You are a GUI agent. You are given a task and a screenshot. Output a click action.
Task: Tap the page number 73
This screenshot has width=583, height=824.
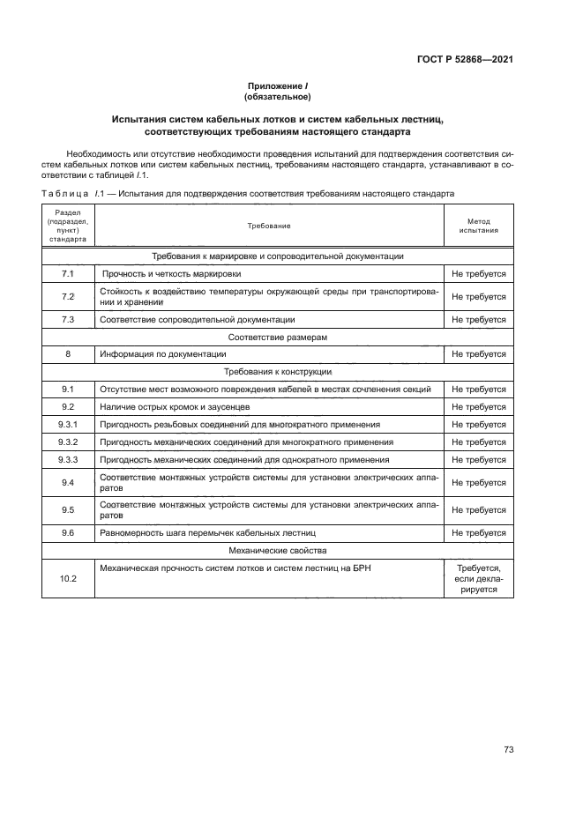pos(508,750)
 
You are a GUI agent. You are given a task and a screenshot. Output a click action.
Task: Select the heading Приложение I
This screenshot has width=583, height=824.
pos(278,85)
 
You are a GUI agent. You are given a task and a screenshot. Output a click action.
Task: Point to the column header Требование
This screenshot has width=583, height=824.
pos(268,226)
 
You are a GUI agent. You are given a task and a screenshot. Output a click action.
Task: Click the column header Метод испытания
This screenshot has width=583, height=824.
pos(478,226)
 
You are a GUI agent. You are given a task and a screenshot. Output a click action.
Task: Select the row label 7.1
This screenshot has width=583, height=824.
pos(68,274)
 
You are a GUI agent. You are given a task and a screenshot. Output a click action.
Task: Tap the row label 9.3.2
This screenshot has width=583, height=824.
pos(68,442)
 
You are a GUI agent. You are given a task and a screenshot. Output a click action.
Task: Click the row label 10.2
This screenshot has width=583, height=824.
pos(68,578)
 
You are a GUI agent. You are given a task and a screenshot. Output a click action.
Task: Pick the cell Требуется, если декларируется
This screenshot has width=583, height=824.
pos(478,579)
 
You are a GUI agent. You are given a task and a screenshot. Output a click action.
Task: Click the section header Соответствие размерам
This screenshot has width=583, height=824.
pos(278,337)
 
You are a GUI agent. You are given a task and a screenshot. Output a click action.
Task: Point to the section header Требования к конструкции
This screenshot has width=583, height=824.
pos(278,371)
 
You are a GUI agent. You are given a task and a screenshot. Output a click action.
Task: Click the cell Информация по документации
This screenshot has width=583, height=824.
pos(164,353)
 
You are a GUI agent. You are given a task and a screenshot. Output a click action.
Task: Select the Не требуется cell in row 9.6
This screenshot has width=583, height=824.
pos(478,533)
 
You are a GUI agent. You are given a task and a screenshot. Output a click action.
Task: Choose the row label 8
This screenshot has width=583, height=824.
pos(68,353)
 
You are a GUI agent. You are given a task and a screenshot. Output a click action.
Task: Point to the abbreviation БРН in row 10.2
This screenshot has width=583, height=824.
pos(361,568)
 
